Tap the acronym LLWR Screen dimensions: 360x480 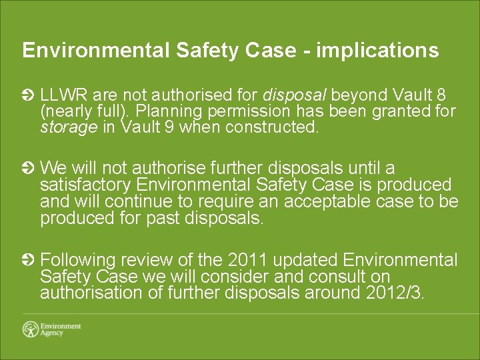coord(64,95)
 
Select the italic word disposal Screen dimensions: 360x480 coord(296,95)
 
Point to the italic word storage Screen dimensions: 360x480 coord(69,128)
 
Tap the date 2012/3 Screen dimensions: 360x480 coord(395,293)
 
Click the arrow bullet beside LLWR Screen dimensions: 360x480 coord(28,95)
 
